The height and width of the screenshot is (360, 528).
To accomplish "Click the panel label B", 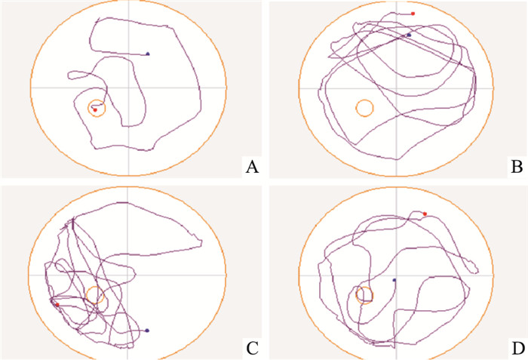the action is click(x=517, y=167).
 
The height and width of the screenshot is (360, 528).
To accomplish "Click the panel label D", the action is click(x=517, y=348).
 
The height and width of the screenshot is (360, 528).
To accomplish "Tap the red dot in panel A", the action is click(x=95, y=110).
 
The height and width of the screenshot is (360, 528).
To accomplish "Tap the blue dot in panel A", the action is click(x=148, y=54).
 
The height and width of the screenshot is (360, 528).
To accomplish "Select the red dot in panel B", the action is click(x=413, y=13).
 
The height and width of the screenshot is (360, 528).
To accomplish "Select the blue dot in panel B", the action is click(x=409, y=35).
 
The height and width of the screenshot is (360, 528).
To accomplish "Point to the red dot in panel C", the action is click(x=57, y=304).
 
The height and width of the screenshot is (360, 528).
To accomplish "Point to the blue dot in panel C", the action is click(x=146, y=331).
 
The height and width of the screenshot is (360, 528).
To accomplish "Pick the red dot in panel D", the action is click(x=425, y=214).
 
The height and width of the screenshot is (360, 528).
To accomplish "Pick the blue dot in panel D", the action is click(x=394, y=279).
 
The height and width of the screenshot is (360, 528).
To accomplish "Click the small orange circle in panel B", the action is click(x=364, y=108).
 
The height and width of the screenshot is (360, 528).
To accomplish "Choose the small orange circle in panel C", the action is click(x=94, y=294).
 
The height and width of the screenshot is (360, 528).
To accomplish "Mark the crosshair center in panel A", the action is click(x=129, y=88).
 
